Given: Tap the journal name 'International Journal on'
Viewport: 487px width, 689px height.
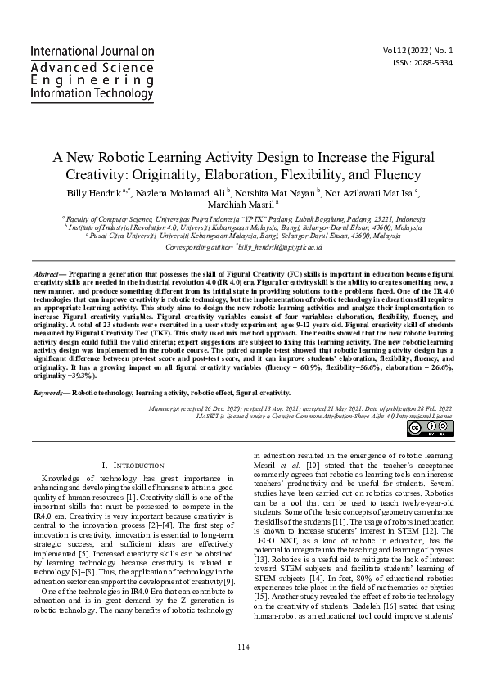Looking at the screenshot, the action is point(92,51).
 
